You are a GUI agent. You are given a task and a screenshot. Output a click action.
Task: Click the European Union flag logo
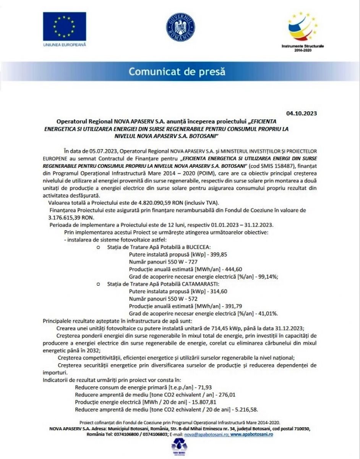coord(64,27)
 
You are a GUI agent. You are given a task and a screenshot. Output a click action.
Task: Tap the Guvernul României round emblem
coord(180,28)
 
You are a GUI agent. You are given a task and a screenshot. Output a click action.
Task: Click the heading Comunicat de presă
coord(177,72)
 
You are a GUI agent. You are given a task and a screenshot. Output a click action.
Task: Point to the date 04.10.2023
coord(302,113)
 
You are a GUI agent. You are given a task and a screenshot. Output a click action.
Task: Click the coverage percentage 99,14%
coord(268,277)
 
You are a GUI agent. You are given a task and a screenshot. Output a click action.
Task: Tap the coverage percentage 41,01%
coord(268,313)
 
